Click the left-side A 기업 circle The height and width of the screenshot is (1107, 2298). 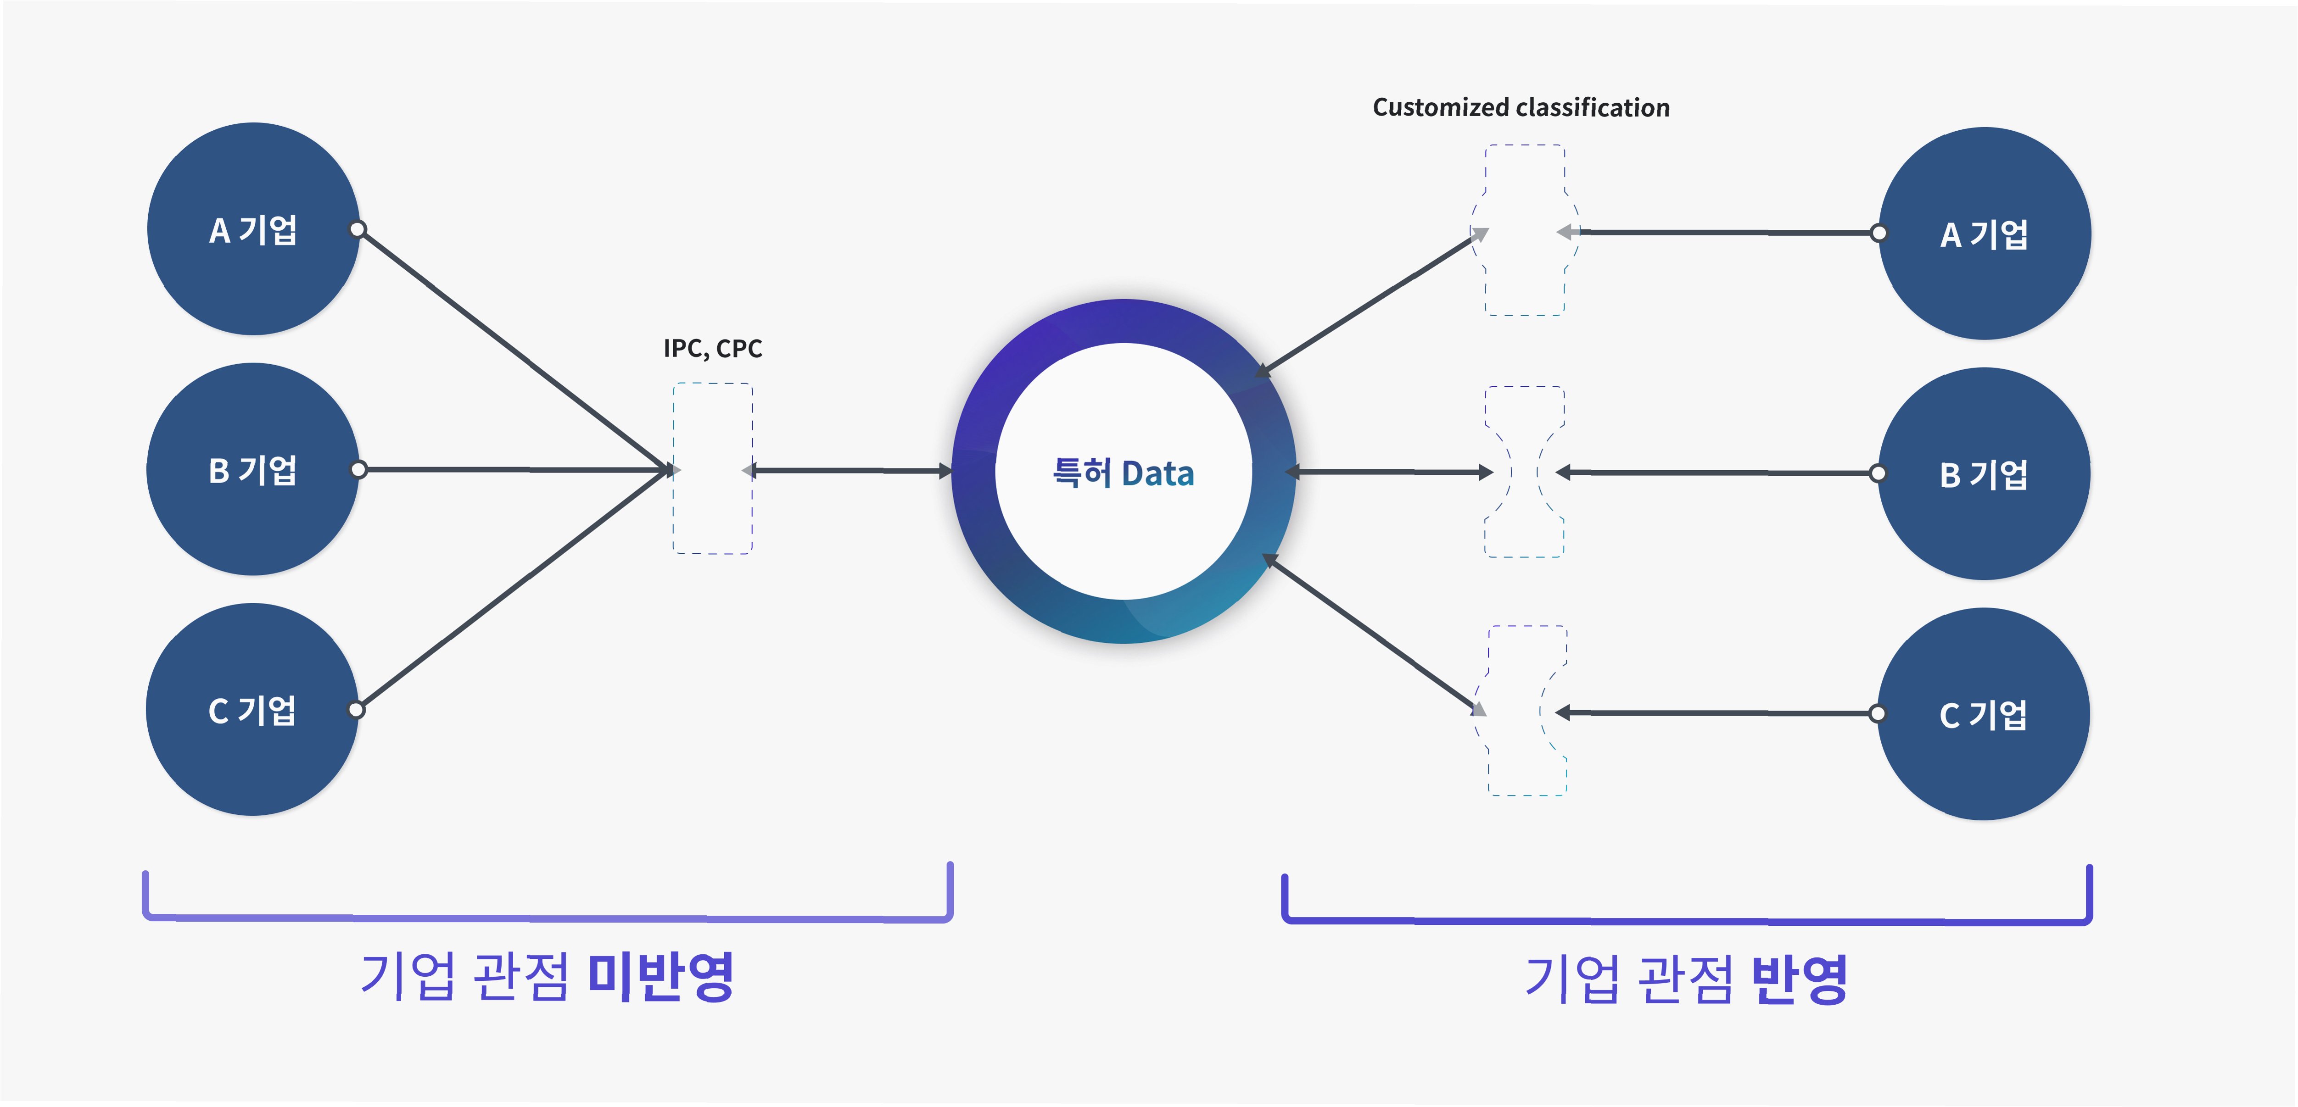(253, 229)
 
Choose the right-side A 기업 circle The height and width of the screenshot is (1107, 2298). (1984, 234)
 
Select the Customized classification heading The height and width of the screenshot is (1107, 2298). (1520, 107)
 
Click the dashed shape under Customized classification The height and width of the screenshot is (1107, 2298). (1525, 230)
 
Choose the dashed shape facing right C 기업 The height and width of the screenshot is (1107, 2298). (1526, 711)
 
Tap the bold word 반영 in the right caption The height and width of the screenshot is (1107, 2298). (1799, 979)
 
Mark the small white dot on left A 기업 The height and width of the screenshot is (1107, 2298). (358, 229)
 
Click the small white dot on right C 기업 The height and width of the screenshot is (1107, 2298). (1878, 714)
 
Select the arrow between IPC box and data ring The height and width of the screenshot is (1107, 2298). (848, 470)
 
